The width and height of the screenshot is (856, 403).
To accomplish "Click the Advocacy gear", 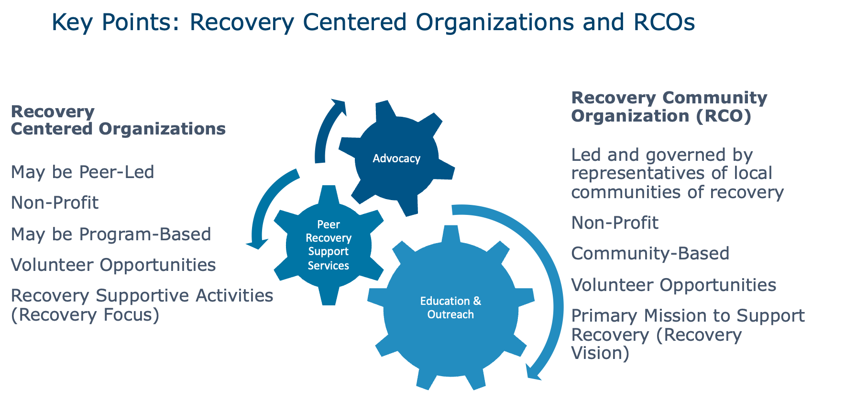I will click(x=396, y=158).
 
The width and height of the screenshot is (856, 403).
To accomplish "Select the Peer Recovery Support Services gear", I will click(x=329, y=245).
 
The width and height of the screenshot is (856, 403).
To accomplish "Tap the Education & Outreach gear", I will click(x=450, y=308).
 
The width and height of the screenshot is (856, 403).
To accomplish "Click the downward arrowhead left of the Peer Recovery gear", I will click(x=257, y=243).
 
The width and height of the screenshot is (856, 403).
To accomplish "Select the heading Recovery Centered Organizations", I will click(x=118, y=120).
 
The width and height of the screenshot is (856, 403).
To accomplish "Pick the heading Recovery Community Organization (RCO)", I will click(x=669, y=107).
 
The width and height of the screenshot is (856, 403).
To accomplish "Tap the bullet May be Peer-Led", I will click(x=82, y=172).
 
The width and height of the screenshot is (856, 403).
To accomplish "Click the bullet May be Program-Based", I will click(x=110, y=234).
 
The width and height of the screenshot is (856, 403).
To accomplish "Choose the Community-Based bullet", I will click(x=650, y=253).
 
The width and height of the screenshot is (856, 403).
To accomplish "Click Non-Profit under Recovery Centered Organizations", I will click(x=55, y=202).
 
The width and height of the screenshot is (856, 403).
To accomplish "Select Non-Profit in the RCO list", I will click(x=615, y=223).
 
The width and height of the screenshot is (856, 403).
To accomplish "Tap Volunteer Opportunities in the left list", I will click(x=113, y=265).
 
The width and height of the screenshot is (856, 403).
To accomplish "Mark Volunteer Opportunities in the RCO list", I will click(x=673, y=285).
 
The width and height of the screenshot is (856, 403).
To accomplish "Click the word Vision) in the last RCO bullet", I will click(x=600, y=353).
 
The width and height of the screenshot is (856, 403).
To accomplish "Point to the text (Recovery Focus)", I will click(x=85, y=314).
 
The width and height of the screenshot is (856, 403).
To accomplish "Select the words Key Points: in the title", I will click(x=115, y=22).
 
